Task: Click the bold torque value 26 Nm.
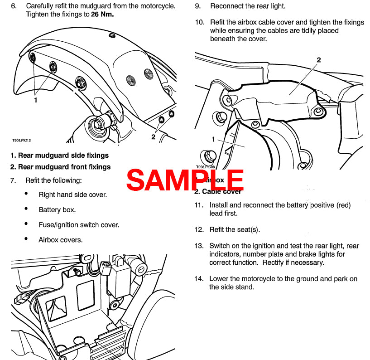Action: coord(103,14)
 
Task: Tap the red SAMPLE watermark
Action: coord(185,180)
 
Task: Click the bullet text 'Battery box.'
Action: coord(57,210)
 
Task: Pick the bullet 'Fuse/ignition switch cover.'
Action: coord(79,225)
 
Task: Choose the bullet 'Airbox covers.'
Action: coord(60,240)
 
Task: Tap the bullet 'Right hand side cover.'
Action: coord(72,195)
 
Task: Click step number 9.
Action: coord(198,7)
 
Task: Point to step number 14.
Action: coord(199,279)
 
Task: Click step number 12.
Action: coord(199,230)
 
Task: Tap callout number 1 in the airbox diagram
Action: coord(213,139)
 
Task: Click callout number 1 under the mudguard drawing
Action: coord(36,100)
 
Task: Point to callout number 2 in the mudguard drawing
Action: coord(154,136)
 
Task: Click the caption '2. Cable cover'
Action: coord(218,191)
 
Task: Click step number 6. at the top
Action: coord(14,7)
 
